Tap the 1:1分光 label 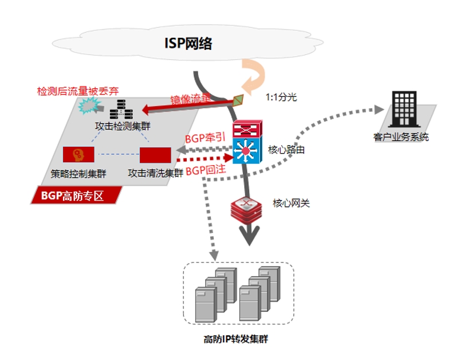coord(281,97)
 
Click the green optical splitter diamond coord(238,100)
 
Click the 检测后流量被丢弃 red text coord(78,91)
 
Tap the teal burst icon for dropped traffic coord(88,107)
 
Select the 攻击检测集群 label coord(121,126)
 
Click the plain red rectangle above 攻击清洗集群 coord(155,155)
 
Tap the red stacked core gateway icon coord(247,209)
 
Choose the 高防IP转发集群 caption coord(236,339)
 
